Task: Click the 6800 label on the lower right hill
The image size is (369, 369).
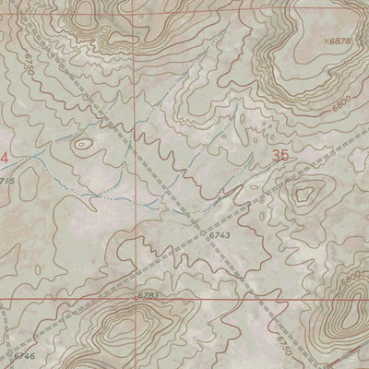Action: click(x=350, y=277)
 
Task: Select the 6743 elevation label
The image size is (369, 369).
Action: click(x=219, y=237)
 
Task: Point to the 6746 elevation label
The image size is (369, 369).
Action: click(x=24, y=355)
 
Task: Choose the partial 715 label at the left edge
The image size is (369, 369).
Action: click(x=7, y=181)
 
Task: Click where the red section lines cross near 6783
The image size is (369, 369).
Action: click(x=143, y=299)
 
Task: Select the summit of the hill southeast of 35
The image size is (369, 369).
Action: click(x=305, y=193)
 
